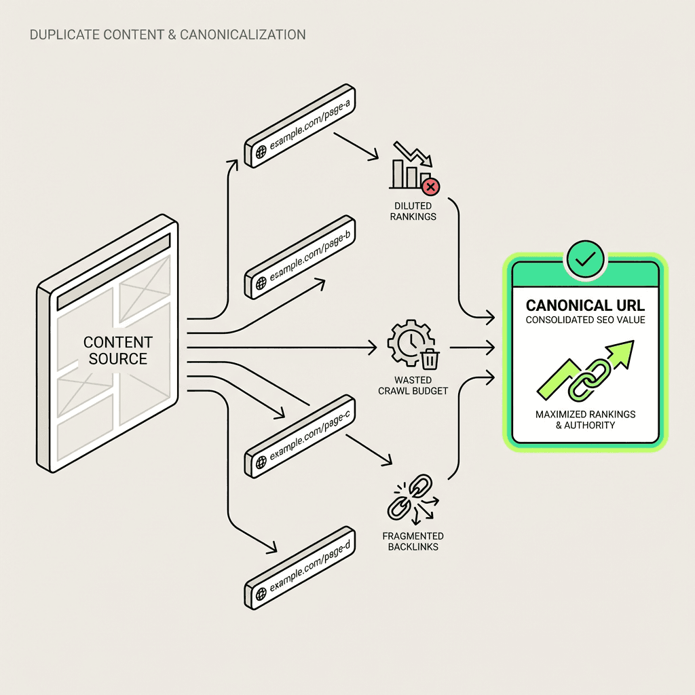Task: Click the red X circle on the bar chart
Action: pyautogui.click(x=430, y=186)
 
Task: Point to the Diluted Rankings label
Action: pyautogui.click(x=413, y=211)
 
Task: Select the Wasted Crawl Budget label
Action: pyautogui.click(x=413, y=386)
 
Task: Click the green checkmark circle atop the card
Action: pyautogui.click(x=585, y=258)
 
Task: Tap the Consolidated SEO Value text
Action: pyautogui.click(x=585, y=320)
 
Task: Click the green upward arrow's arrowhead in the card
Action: pyautogui.click(x=622, y=352)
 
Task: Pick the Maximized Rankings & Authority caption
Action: pyautogui.click(x=585, y=419)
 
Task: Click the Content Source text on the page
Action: pyautogui.click(x=117, y=350)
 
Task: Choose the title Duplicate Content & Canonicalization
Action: pyautogui.click(x=168, y=34)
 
